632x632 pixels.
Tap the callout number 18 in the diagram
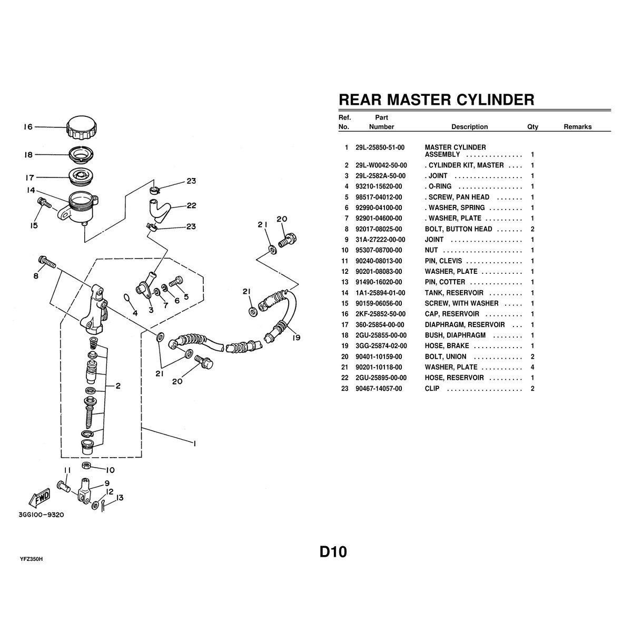pyautogui.click(x=28, y=155)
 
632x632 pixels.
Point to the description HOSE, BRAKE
pyautogui.click(x=447, y=346)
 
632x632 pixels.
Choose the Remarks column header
pyautogui.click(x=577, y=127)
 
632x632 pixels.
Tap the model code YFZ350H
pyautogui.click(x=31, y=558)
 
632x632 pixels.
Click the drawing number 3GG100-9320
pyautogui.click(x=41, y=515)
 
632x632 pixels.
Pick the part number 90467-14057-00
pyautogui.click(x=379, y=389)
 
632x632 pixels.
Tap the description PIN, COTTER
pyautogui.click(x=445, y=282)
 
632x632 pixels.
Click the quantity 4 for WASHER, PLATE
pyautogui.click(x=532, y=367)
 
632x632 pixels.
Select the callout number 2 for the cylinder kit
pyautogui.click(x=118, y=386)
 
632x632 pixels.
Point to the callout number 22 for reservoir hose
pyautogui.click(x=191, y=205)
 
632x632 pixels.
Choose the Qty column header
pyautogui.click(x=532, y=127)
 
